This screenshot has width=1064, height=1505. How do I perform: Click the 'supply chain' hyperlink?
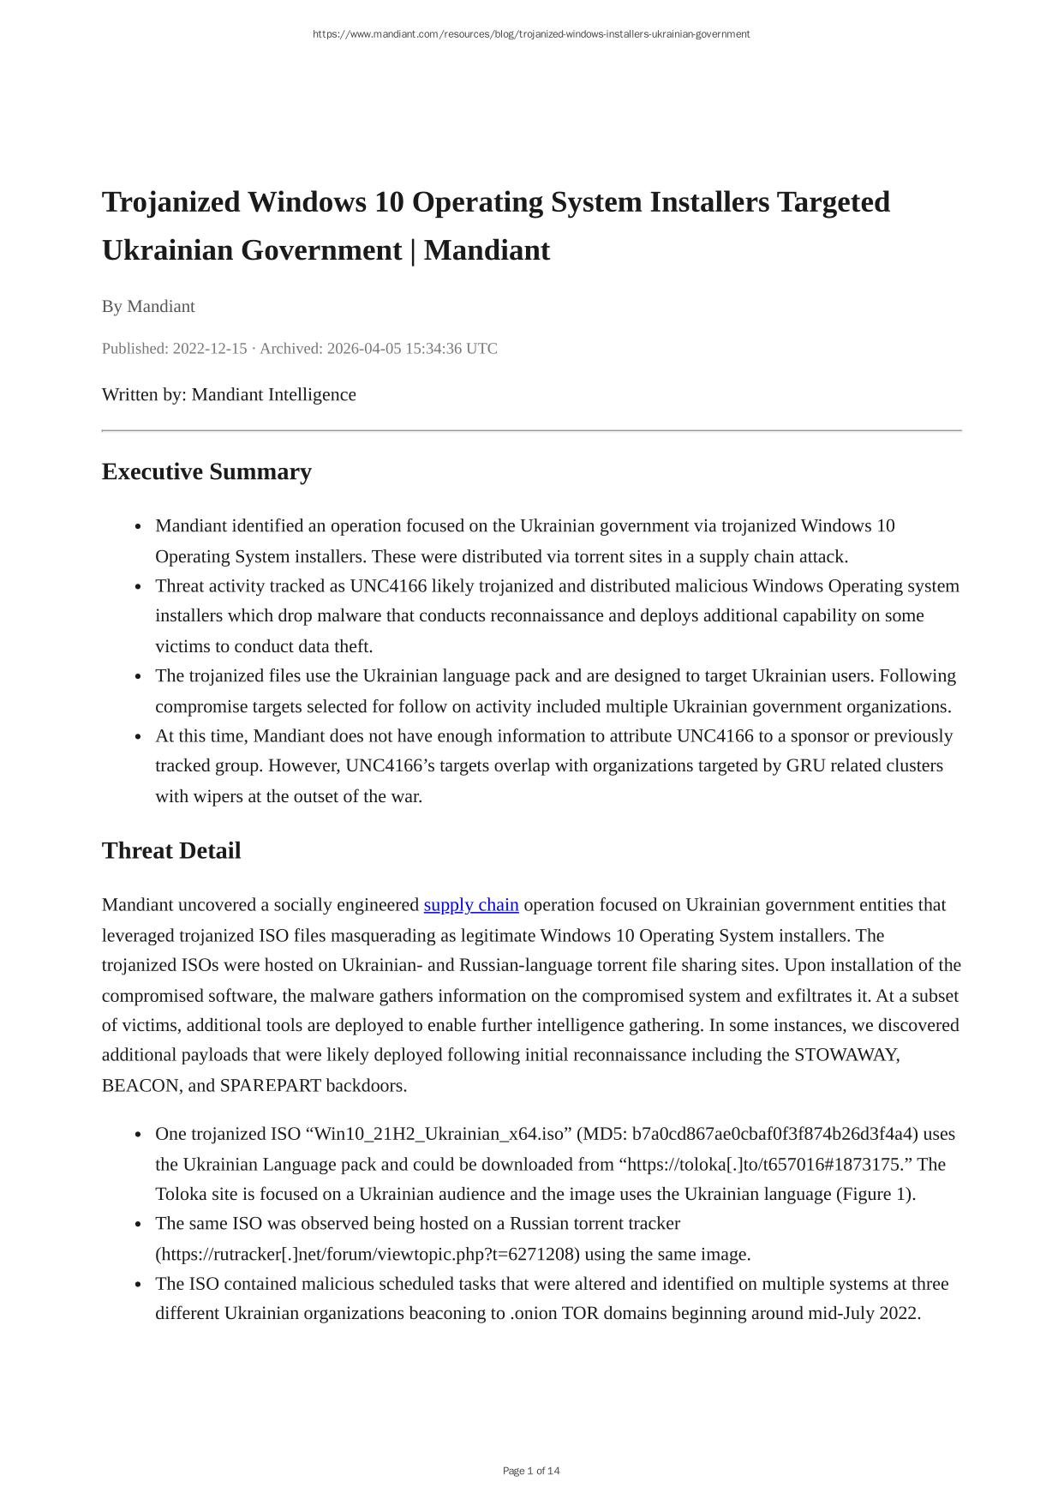(x=470, y=905)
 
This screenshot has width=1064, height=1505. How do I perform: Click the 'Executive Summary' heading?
(x=206, y=472)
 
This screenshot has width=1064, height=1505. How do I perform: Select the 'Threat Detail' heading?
(x=171, y=851)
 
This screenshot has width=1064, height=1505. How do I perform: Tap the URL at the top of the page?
(x=531, y=34)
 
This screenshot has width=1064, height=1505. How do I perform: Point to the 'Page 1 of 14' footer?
(x=531, y=1471)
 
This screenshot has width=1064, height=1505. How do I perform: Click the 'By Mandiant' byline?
(x=148, y=307)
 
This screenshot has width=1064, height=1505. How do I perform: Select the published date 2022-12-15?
(x=210, y=349)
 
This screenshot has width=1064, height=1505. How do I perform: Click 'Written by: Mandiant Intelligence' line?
(x=229, y=395)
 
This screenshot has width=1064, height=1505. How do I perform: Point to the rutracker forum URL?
(x=367, y=1255)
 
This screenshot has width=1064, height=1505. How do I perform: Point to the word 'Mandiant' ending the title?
(x=487, y=251)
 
